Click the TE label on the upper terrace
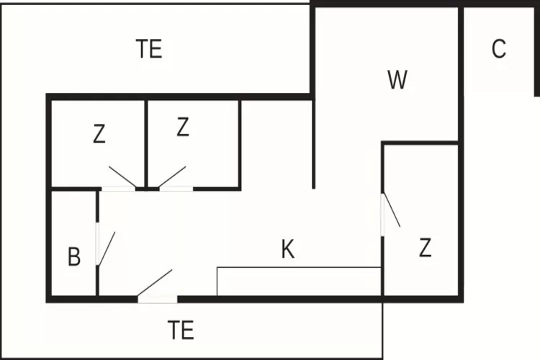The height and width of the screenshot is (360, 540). [149, 48]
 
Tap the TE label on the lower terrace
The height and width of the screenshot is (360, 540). [181, 330]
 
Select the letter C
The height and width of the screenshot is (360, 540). [499, 48]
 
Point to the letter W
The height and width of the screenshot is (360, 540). [397, 80]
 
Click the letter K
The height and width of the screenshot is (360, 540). [288, 249]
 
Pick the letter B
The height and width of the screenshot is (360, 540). [74, 256]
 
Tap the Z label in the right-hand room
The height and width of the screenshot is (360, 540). [426, 248]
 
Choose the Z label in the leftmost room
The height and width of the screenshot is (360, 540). [99, 134]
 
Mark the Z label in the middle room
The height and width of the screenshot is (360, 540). [183, 127]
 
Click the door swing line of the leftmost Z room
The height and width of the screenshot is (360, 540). [122, 177]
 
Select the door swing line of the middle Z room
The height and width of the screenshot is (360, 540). [172, 177]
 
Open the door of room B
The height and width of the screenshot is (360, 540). [107, 248]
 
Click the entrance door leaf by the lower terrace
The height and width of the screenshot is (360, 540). [155, 282]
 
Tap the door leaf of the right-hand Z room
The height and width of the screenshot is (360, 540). [392, 210]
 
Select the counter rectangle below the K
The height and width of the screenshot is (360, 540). [299, 281]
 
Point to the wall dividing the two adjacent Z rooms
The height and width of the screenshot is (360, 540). [146, 143]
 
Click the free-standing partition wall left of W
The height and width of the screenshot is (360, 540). [313, 144]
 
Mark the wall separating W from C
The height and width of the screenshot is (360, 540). [461, 73]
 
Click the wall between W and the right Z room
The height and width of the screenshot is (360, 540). [420, 143]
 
